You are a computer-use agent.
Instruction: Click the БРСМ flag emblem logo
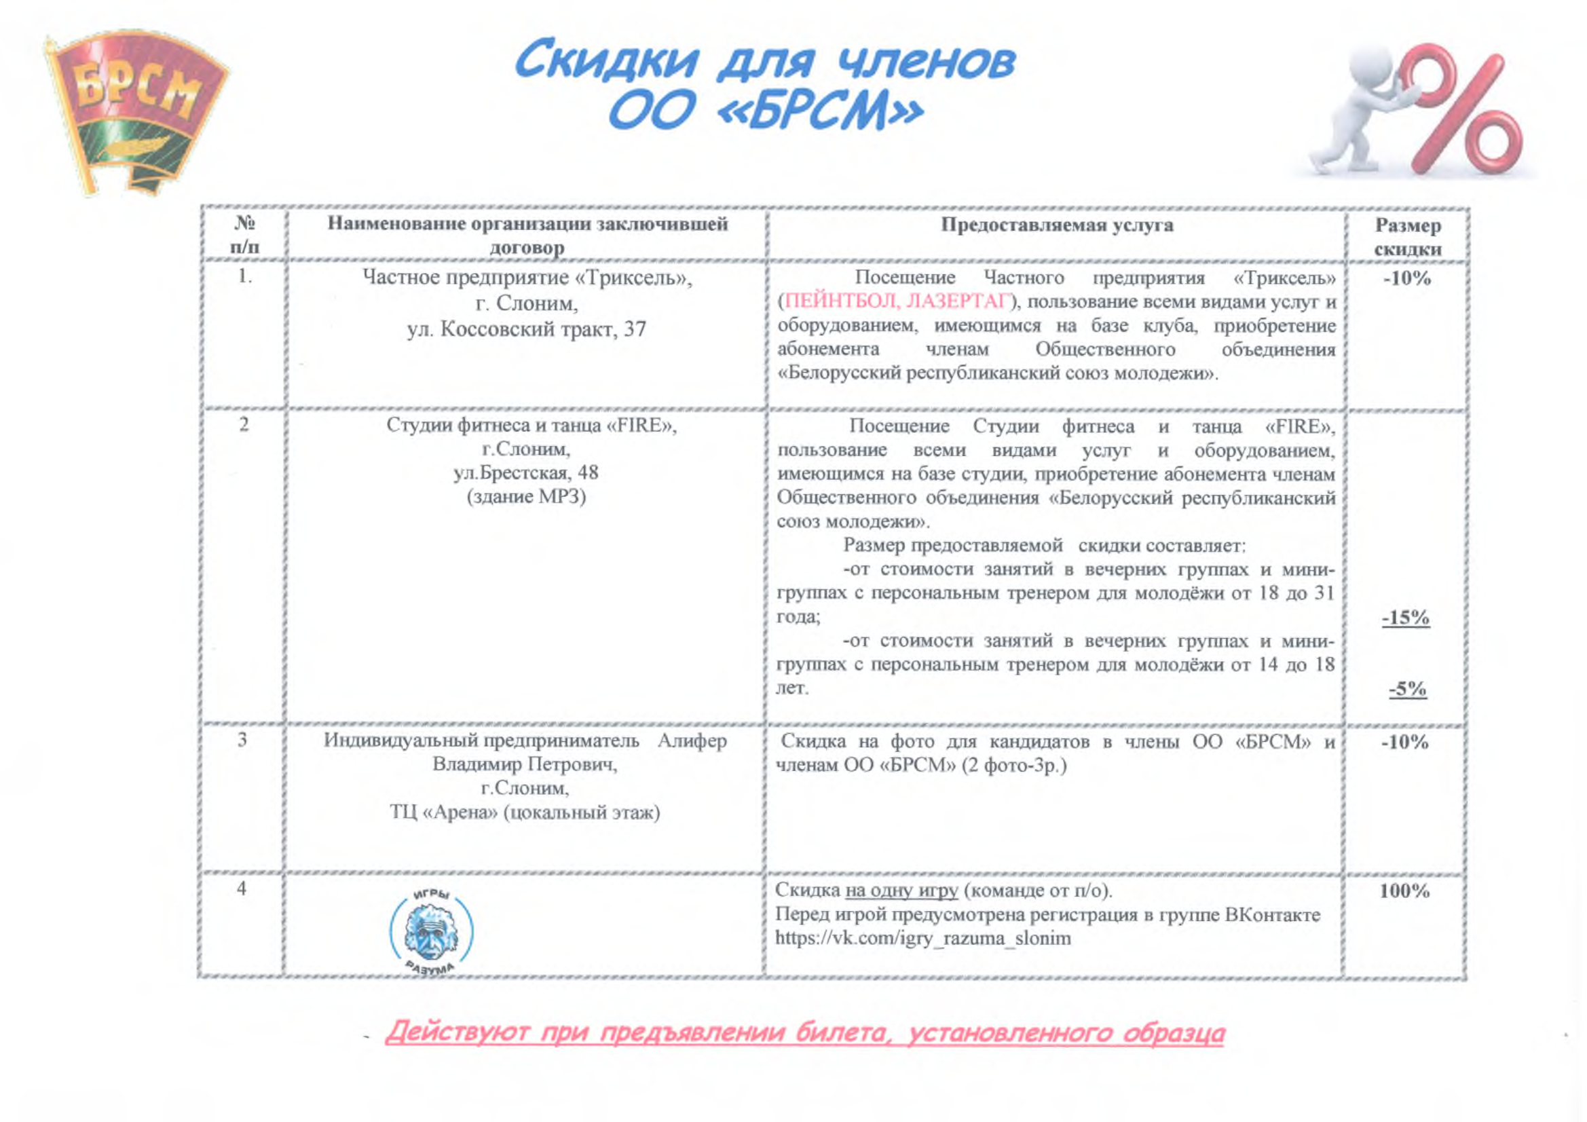(135, 111)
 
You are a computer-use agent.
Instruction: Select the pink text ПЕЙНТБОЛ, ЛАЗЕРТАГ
(898, 302)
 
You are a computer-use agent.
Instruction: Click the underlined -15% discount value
(1406, 618)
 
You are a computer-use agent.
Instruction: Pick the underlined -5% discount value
(1408, 689)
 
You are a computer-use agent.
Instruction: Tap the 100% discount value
(1404, 891)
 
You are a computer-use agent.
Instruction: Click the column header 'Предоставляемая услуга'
(1057, 225)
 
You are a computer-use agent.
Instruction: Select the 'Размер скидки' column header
(1408, 236)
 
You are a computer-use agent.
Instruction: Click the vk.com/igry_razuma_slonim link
(922, 939)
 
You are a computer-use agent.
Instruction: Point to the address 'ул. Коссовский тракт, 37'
(527, 329)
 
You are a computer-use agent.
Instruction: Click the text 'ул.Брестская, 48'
(526, 473)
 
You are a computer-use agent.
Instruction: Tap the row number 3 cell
(242, 741)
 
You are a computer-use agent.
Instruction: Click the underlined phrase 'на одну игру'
(901, 891)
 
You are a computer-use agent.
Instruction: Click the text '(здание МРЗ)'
(526, 496)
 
